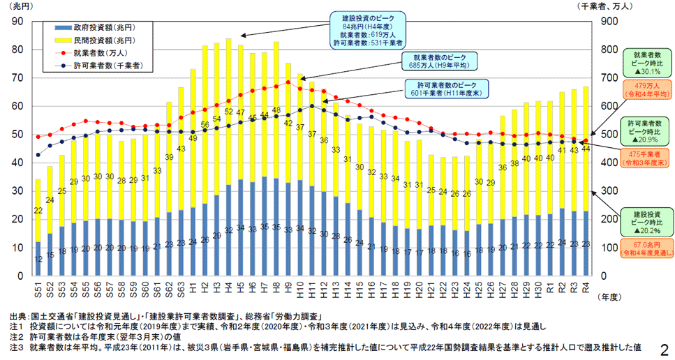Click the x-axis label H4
coord(228,286)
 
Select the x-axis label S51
coord(38,286)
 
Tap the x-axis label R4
coord(585,286)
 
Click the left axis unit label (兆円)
coord(18,7)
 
